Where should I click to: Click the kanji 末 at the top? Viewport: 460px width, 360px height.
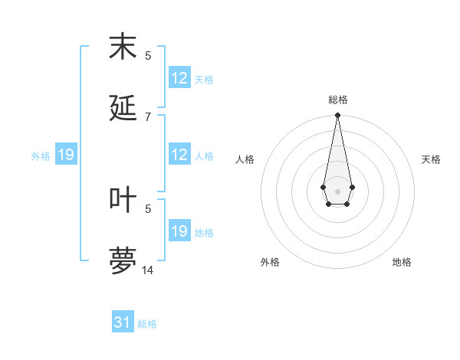tap(123, 47)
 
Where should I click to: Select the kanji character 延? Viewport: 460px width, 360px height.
tap(123, 107)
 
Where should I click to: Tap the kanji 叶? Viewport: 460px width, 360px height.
tap(123, 199)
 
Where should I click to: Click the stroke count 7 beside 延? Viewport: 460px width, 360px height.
tap(148, 116)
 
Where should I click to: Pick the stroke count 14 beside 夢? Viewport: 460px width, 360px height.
tap(148, 270)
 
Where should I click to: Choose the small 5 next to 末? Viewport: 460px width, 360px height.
tap(148, 55)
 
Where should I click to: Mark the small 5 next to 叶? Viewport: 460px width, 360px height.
tap(148, 208)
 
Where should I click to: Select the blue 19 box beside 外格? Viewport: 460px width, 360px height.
tap(66, 155)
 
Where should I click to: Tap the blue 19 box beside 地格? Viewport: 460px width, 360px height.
tap(179, 231)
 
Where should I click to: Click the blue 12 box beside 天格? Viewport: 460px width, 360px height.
tap(179, 78)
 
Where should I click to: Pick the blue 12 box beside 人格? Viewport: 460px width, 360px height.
tap(179, 155)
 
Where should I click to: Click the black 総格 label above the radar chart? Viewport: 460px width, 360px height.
tap(337, 100)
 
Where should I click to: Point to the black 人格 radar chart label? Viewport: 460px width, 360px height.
tap(245, 159)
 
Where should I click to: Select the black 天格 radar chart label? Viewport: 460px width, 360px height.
tap(431, 159)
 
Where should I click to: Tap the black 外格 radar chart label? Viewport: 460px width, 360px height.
tap(270, 262)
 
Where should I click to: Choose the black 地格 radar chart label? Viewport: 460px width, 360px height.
tap(402, 262)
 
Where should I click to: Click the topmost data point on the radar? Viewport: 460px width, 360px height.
tap(337, 115)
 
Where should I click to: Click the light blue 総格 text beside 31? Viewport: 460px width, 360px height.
tap(147, 324)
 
